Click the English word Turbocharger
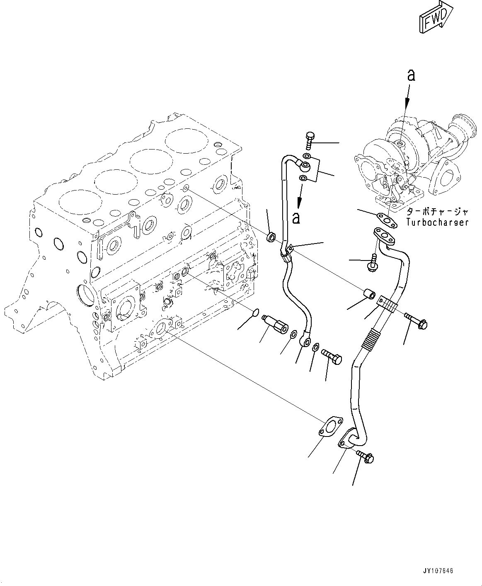tap(437, 222)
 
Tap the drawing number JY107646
tap(438, 571)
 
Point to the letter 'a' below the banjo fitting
tap(295, 218)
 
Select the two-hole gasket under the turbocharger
tap(385, 218)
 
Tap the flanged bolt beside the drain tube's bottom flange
tap(365, 456)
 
